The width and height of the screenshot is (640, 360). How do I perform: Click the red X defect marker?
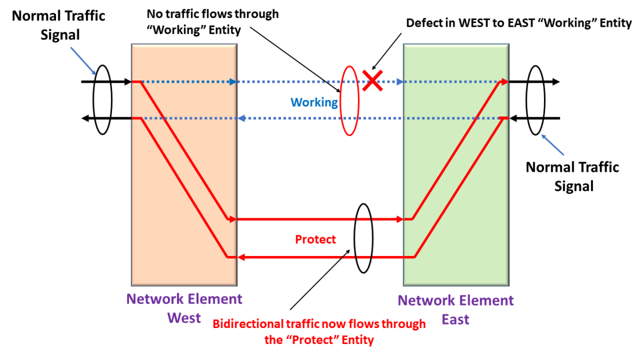coord(372,81)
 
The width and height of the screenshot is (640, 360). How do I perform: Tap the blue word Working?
coord(314,102)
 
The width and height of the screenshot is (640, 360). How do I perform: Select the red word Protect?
coord(316,239)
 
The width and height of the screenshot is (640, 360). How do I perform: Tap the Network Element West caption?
coord(184,308)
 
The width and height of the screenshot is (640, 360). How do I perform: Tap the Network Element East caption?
coord(455,309)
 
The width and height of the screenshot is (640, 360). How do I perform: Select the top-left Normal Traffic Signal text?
coord(59,25)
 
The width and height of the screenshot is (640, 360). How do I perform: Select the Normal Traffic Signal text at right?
coord(572,177)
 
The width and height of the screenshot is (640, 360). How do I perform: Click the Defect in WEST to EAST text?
coord(518,23)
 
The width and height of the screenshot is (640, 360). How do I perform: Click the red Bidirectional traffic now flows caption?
coord(319,331)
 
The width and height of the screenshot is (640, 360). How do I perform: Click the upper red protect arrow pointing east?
coord(320,219)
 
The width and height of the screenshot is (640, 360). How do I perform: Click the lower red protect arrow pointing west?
coord(320,257)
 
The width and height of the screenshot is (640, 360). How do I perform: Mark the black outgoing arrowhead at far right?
coord(556,82)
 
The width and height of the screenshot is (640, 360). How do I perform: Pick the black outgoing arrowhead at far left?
coord(85,118)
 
